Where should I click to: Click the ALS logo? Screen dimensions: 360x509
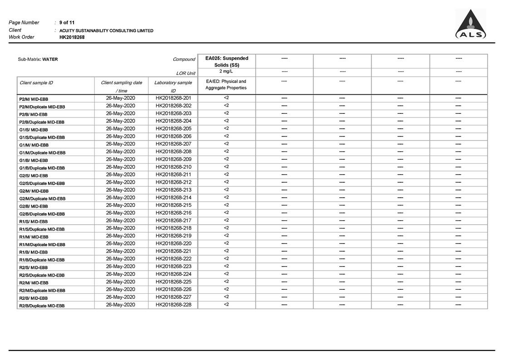coord(470,24)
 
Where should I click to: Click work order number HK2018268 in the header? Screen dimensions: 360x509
coord(72,37)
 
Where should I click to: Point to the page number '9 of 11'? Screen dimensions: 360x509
coord(67,23)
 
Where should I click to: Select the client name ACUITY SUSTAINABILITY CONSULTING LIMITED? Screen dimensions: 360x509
coord(106,31)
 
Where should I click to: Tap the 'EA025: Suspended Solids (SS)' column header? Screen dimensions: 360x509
coord(227,62)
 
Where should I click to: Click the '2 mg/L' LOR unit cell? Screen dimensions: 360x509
coord(226,72)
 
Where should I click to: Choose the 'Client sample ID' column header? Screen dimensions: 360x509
coord(36,83)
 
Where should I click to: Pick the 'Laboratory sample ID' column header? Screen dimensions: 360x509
coord(173,87)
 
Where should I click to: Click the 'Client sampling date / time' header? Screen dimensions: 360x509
coord(121,87)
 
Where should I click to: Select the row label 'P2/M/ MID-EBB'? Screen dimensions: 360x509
coord(34,99)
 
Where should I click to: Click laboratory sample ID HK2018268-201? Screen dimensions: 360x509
coord(173,98)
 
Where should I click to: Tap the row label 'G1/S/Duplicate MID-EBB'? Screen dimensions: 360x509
coord(42,137)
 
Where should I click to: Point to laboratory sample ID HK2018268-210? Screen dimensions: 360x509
coord(173,167)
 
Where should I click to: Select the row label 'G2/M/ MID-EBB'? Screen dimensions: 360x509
coord(34,191)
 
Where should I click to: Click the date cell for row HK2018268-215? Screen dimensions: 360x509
coord(121,205)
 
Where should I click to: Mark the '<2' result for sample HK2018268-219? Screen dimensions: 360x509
coord(226,235)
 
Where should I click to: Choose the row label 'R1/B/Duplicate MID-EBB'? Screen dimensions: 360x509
coord(42,260)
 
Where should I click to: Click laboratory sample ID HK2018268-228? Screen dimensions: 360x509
coord(173,304)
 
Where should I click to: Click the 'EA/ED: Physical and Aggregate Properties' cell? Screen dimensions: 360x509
coord(226,85)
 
